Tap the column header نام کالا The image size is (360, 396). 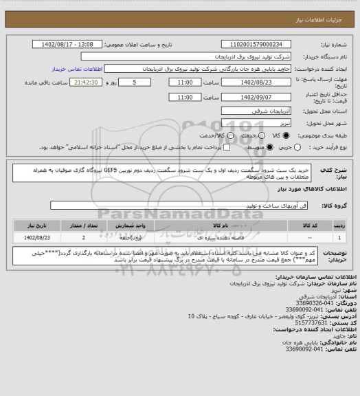221,224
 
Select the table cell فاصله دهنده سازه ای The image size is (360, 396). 221,236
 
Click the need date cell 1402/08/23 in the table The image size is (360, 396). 39,236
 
